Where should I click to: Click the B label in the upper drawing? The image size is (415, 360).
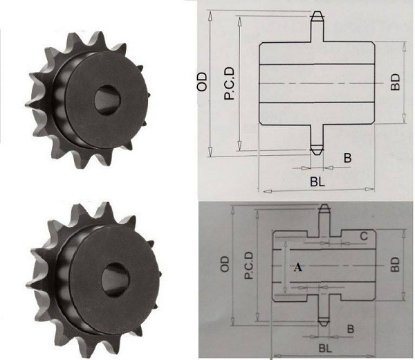(347, 158)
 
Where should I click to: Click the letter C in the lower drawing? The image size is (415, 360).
(362, 236)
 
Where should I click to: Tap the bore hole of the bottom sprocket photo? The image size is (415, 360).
(112, 279)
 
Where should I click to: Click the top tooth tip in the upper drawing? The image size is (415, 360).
(315, 16)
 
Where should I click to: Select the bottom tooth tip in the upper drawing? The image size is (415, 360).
(315, 150)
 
